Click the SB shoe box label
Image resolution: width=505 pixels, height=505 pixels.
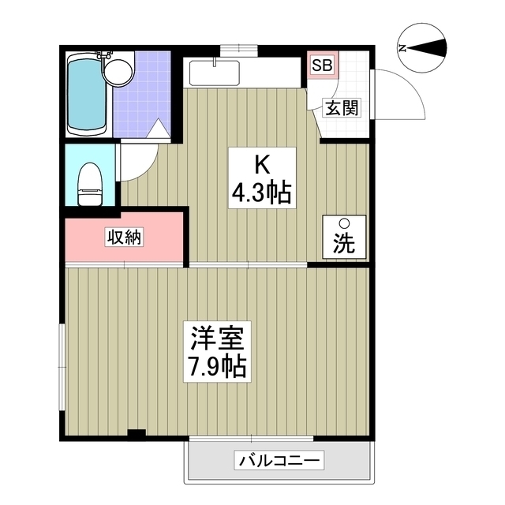pyautogui.click(x=322, y=65)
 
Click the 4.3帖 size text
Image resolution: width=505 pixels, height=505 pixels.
pyautogui.click(x=261, y=192)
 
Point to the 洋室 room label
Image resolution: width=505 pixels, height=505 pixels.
pyautogui.click(x=217, y=339)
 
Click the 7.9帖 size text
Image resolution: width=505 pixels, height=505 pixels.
pyautogui.click(x=217, y=366)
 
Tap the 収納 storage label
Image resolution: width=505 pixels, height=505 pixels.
pyautogui.click(x=124, y=237)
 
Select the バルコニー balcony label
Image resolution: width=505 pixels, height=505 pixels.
pyautogui.click(x=277, y=460)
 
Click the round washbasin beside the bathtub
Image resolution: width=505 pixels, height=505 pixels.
pyautogui.click(x=120, y=73)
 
